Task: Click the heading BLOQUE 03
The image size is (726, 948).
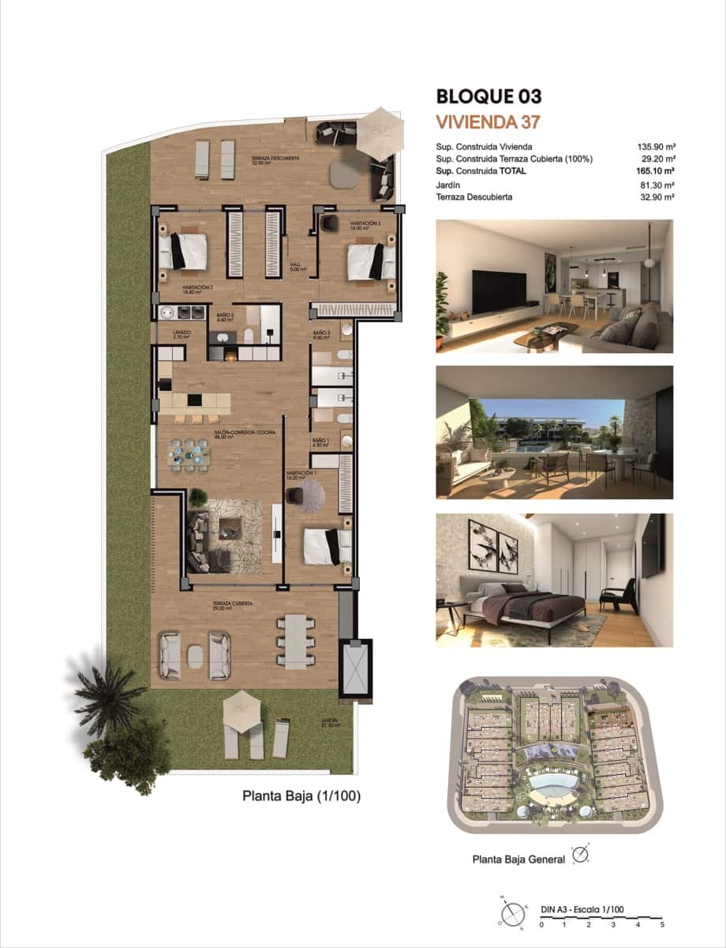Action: [488, 97]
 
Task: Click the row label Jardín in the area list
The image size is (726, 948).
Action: [448, 186]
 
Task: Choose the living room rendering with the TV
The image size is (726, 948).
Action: [554, 286]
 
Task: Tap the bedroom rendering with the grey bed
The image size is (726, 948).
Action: [554, 580]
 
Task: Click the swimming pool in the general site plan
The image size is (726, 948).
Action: [552, 784]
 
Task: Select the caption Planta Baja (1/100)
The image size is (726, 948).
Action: [301, 797]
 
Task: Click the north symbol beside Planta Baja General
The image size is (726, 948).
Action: [581, 856]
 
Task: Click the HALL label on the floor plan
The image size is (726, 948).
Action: [296, 265]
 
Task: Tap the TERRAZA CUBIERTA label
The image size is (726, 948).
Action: [232, 604]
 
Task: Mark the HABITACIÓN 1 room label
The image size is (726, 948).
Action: [301, 473]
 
